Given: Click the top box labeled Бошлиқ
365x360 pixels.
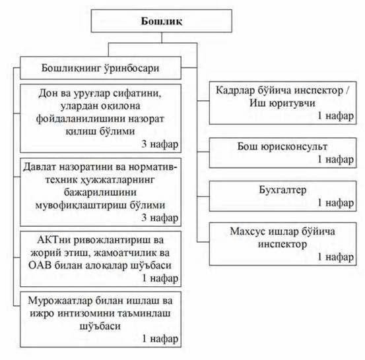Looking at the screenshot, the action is [x=161, y=21].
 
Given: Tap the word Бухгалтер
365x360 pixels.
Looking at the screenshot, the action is [x=282, y=190].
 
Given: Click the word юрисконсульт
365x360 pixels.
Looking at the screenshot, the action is [x=294, y=147].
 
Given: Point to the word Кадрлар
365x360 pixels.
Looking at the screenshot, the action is [x=236, y=90].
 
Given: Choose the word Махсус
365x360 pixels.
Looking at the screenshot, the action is [x=248, y=231].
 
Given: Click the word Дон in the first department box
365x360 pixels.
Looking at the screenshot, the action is [x=48, y=93].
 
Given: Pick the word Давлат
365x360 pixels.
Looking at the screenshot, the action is [x=39, y=167].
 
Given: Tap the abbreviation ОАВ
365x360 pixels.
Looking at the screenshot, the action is [x=40, y=265].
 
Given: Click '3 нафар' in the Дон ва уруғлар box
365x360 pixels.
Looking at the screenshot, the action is [x=160, y=144].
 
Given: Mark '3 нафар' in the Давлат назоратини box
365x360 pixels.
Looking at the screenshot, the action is [x=160, y=218].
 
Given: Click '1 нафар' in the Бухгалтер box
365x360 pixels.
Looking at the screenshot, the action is [x=336, y=203].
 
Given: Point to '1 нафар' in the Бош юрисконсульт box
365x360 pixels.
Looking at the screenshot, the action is [x=336, y=160].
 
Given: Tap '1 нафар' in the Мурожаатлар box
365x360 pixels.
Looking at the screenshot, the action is [x=160, y=339].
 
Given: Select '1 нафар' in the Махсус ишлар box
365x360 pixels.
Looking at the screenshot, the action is [x=336, y=257].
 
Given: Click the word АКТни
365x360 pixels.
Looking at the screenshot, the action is [x=53, y=240].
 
